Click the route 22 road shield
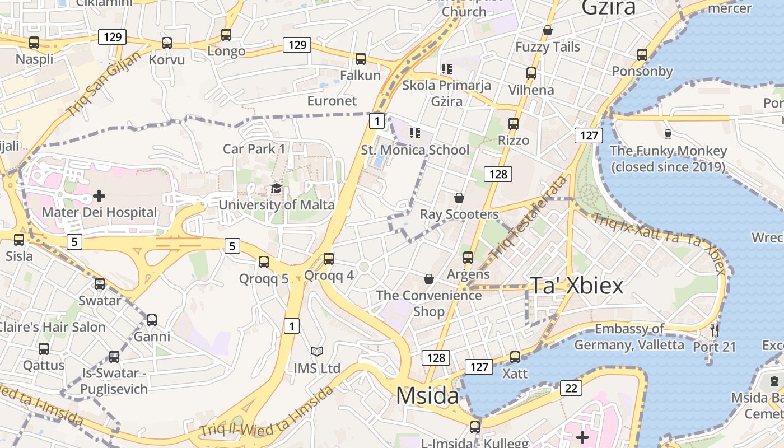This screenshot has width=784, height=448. [x=571, y=388]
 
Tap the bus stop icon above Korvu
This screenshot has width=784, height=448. [x=167, y=43]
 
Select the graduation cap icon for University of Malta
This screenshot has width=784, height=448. [x=276, y=188]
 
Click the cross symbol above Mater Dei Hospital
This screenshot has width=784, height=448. [x=99, y=195]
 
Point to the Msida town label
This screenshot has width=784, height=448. [x=427, y=396]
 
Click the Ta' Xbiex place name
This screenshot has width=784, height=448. [x=576, y=286]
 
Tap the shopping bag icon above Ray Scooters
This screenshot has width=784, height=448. [x=459, y=198]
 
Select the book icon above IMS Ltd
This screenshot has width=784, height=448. [x=317, y=352]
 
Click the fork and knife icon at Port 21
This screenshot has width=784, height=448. [x=714, y=330]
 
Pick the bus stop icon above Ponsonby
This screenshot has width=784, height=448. [x=642, y=55]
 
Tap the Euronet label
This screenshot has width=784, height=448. [x=332, y=101]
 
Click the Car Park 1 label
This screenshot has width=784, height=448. [x=254, y=149]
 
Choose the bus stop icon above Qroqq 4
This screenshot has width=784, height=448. [x=329, y=258]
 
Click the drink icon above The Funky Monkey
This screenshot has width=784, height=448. [x=668, y=134]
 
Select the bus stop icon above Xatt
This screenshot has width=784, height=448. [x=515, y=357]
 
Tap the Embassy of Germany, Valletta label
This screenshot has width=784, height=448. [x=629, y=337]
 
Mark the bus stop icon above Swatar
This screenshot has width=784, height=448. [x=100, y=284]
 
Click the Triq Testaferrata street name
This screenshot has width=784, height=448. [x=529, y=219]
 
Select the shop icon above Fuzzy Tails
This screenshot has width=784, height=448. [x=548, y=30]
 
